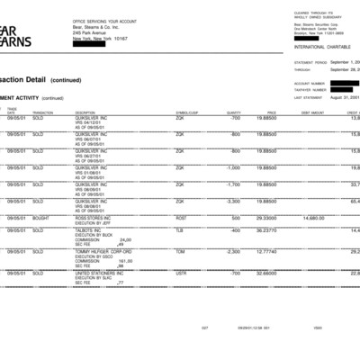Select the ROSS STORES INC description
93,218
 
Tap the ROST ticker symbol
181,218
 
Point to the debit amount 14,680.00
313,218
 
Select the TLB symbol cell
179,230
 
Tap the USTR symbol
181,273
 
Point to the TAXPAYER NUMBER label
310,89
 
